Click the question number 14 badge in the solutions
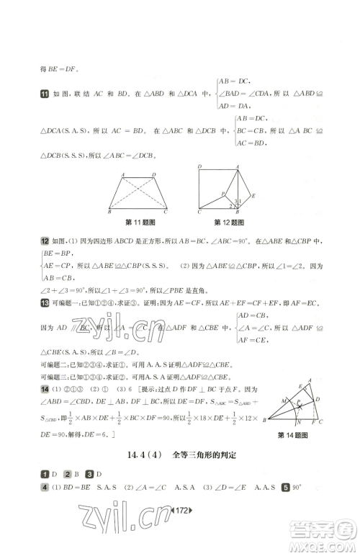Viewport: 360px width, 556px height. point(44,389)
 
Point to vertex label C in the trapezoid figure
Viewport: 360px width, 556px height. point(166,212)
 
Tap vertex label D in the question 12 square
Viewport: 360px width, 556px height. point(199,166)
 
